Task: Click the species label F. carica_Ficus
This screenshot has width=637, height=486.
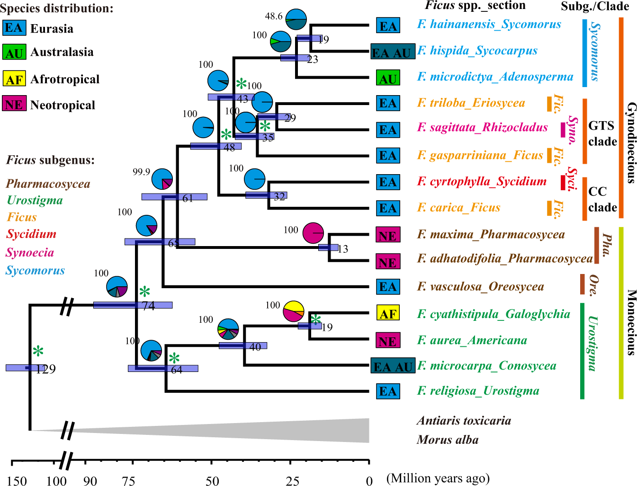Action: [x=458, y=208]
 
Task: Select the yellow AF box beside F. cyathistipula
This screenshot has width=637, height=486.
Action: [x=388, y=314]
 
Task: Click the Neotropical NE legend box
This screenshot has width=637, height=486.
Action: [x=14, y=104]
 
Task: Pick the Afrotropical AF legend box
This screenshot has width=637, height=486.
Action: [x=14, y=79]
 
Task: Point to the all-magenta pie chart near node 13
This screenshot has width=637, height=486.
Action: [x=313, y=232]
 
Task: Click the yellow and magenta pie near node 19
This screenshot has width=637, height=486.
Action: [x=293, y=311]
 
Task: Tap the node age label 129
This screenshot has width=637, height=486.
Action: [x=46, y=369]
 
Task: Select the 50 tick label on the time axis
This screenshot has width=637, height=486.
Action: [x=212, y=481]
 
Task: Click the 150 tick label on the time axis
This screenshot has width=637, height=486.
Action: [x=17, y=481]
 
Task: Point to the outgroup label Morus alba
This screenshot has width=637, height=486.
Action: [x=448, y=440]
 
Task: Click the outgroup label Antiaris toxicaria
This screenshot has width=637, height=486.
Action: [x=464, y=421]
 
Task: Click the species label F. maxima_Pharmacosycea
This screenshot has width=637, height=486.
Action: [x=491, y=235]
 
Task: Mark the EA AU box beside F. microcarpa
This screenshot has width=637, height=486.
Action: [x=393, y=367]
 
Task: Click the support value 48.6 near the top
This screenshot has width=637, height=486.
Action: [x=274, y=17]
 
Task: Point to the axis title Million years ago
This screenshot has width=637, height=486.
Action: [x=438, y=478]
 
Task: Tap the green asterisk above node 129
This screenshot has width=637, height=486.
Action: [x=38, y=352]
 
